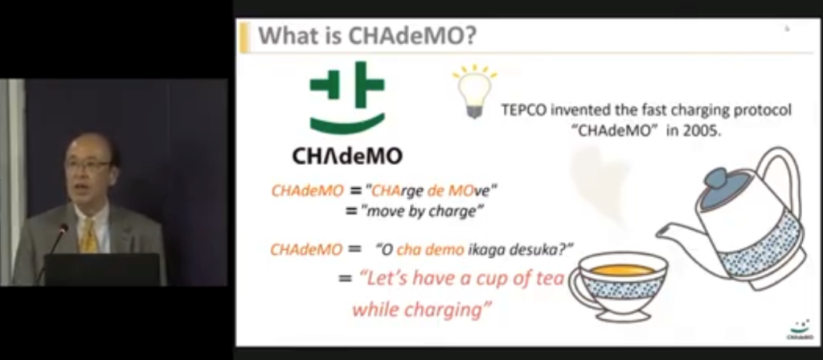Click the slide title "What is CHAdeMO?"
(367, 36)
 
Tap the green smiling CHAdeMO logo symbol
(347, 96)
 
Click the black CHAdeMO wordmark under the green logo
(347, 156)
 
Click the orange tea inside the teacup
(622, 270)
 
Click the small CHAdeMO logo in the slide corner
(800, 329)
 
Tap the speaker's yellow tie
(89, 237)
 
